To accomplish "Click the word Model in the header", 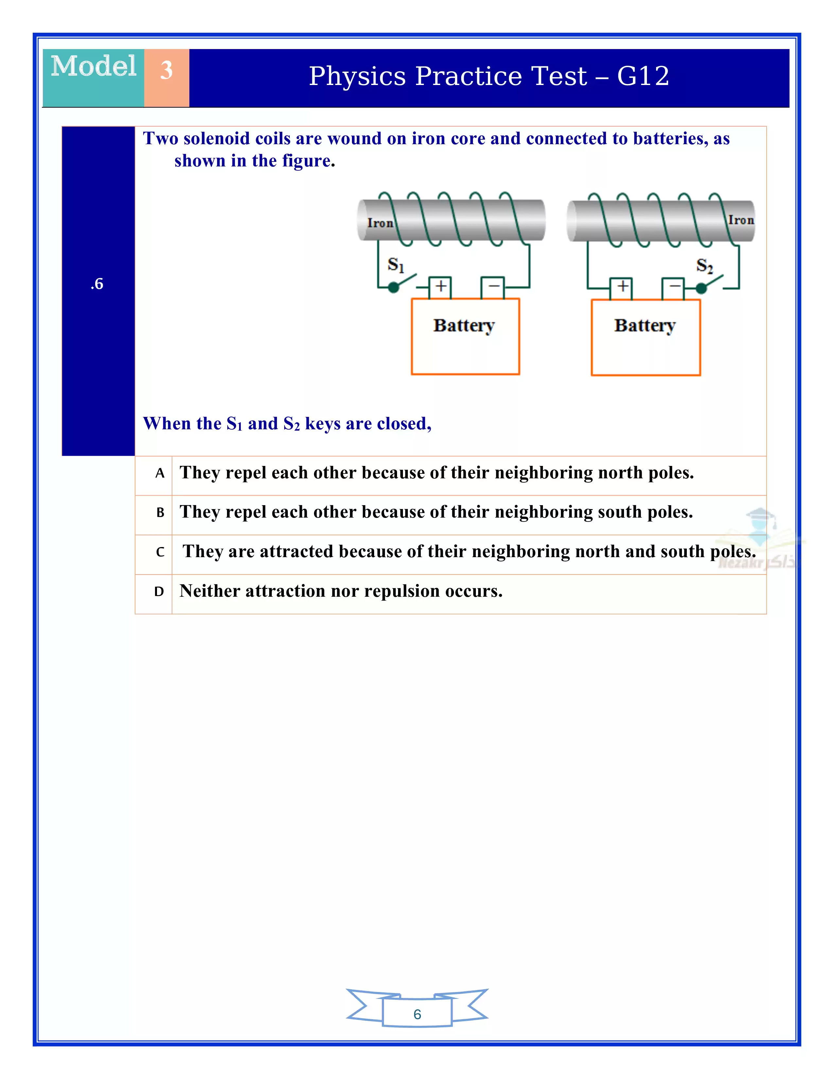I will [x=94, y=67].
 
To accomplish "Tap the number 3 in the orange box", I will [x=166, y=70].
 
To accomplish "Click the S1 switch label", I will [x=396, y=265].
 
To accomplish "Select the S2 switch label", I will [x=704, y=266].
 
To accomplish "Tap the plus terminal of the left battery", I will [x=440, y=286].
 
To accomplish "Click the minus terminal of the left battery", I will [x=493, y=286].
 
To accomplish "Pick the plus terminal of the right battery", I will [x=622, y=286].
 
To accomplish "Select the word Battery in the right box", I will [x=645, y=326].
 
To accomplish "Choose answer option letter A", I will [x=160, y=474].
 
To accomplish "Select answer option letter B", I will [x=160, y=513].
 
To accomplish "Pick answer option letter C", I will [x=160, y=552].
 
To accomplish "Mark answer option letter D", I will [x=159, y=592].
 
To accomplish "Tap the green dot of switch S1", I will [x=393, y=287].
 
